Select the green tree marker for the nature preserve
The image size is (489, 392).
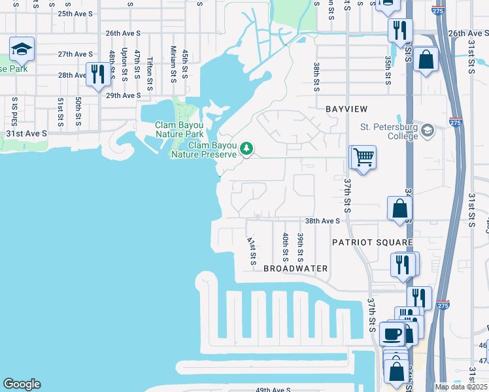click(246, 149)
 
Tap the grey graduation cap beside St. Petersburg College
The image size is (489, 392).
click(428, 130)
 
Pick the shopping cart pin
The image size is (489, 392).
click(363, 157)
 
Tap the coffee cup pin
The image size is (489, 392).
click(392, 334)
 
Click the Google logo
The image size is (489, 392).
click(22, 384)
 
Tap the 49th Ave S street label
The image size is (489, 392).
click(273, 390)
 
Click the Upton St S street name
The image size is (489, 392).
click(124, 65)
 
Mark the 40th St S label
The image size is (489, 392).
click(286, 245)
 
